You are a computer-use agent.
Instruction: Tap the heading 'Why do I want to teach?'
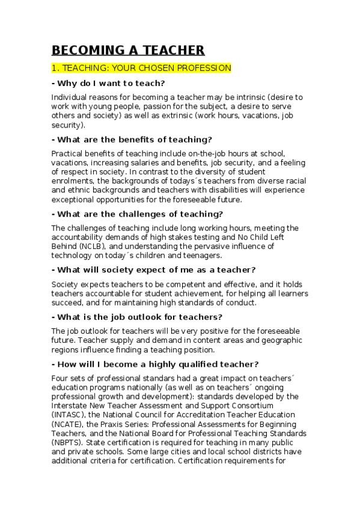pos(109,83)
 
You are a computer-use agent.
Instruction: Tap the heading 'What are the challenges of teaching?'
pos(138,214)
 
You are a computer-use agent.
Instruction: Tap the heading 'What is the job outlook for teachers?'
pos(138,317)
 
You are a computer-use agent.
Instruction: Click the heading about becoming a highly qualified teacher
pos(156,364)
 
